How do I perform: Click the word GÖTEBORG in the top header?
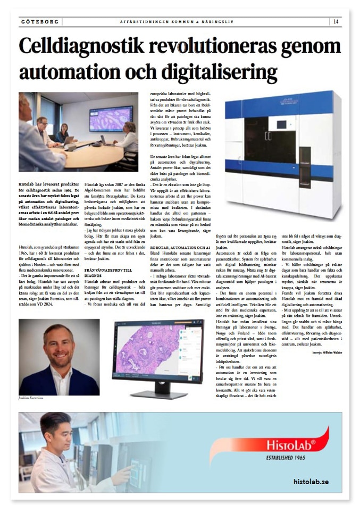[x=40, y=22]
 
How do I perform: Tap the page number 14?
[x=336, y=22]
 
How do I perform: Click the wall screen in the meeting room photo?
[x=110, y=118]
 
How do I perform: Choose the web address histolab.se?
[x=311, y=482]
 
